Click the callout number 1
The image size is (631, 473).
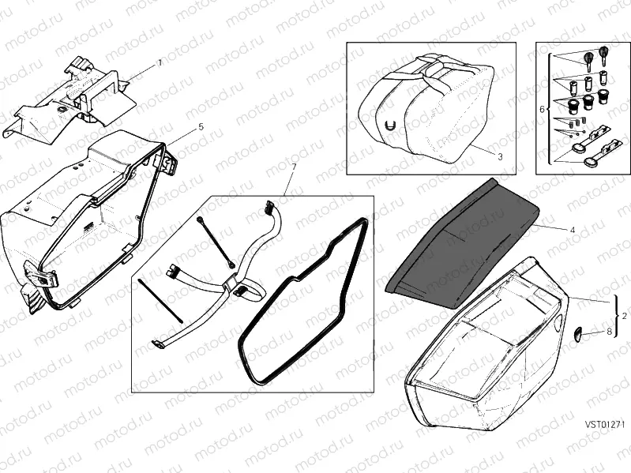[160, 61]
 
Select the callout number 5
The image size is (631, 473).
[201, 126]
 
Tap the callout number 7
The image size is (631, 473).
[294, 167]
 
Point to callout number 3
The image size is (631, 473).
[500, 156]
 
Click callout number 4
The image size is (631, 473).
[571, 228]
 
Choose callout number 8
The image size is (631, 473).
[609, 332]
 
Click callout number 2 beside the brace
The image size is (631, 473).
[625, 315]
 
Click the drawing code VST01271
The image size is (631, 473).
[605, 424]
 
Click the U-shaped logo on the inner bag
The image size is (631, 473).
[390, 125]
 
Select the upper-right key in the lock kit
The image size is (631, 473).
[605, 55]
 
